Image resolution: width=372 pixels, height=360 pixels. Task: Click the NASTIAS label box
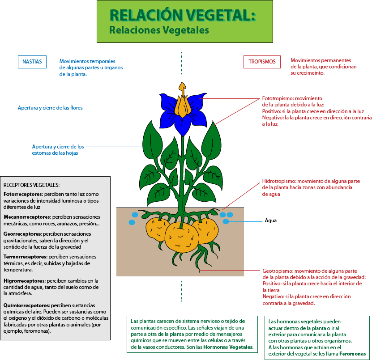click(32, 62)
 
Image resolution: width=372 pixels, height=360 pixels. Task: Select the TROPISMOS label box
click(262, 62)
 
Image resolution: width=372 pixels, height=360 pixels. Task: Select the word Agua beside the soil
click(271, 220)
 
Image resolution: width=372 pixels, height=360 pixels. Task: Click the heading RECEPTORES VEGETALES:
click(31, 185)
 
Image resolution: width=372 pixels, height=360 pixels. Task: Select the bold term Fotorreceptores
click(23, 195)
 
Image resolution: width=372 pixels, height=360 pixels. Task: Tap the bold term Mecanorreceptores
click(26, 216)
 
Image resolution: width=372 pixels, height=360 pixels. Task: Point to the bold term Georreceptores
click(22, 234)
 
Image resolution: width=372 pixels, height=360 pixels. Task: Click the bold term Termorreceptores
click(25, 257)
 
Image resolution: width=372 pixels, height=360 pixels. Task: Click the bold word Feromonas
click(352, 354)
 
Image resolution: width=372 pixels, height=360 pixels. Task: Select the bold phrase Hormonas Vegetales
click(228, 347)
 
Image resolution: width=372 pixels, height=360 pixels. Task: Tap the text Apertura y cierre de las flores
click(50, 108)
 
